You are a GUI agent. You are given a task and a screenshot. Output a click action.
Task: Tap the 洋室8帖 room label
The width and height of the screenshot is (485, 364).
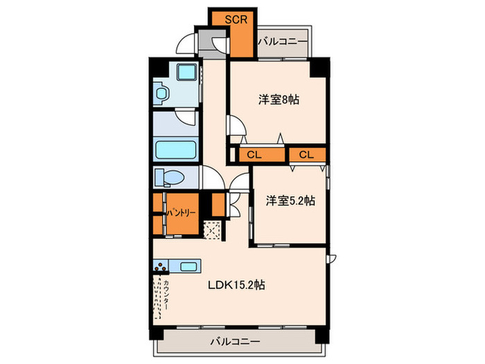(279, 100)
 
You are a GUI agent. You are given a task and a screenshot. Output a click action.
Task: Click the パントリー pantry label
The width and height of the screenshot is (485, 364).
(179, 214)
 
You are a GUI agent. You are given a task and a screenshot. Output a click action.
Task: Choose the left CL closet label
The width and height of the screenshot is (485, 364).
(252, 154)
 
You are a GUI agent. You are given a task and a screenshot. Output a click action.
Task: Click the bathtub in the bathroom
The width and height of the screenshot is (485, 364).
(175, 150)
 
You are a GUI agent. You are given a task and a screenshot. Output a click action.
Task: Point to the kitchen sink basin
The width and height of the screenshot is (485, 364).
(188, 266)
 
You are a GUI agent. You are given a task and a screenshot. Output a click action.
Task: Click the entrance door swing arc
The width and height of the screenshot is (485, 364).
(184, 43)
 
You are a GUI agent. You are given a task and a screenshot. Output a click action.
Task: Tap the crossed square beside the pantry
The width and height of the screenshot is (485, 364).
(213, 229)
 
